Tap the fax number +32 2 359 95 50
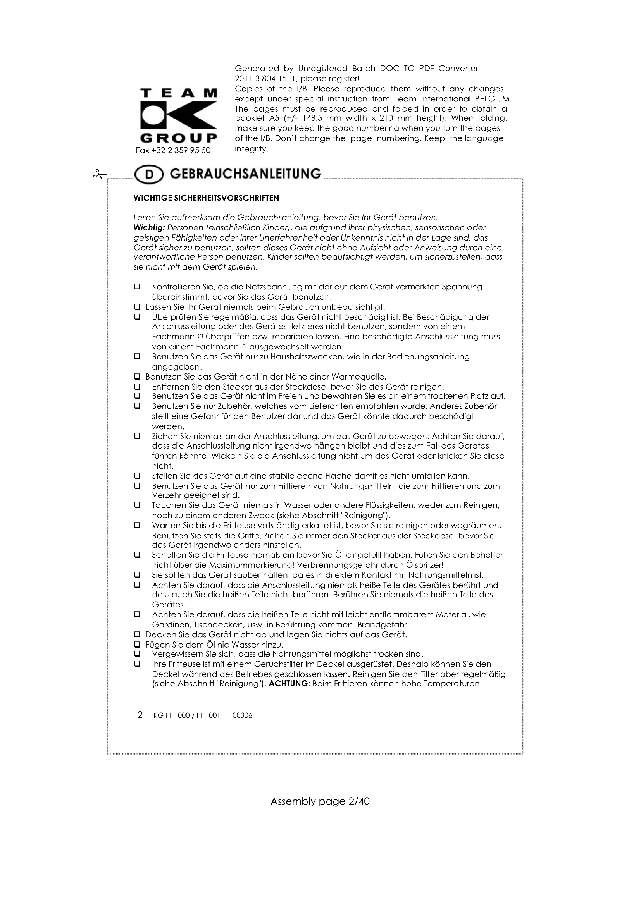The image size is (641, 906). pyautogui.click(x=173, y=150)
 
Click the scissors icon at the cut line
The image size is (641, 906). pyautogui.click(x=99, y=174)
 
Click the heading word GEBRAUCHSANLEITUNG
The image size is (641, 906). pyautogui.click(x=245, y=174)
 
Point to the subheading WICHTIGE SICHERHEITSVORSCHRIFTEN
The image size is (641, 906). pyautogui.click(x=207, y=198)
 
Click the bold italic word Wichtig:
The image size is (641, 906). pyautogui.click(x=149, y=228)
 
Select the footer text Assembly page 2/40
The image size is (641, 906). pyautogui.click(x=320, y=801)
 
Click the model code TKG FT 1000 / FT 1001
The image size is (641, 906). pyautogui.click(x=185, y=715)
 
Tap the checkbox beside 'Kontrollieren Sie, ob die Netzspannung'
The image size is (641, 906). pyautogui.click(x=137, y=287)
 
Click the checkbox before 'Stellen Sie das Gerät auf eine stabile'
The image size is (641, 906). pyautogui.click(x=137, y=476)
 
